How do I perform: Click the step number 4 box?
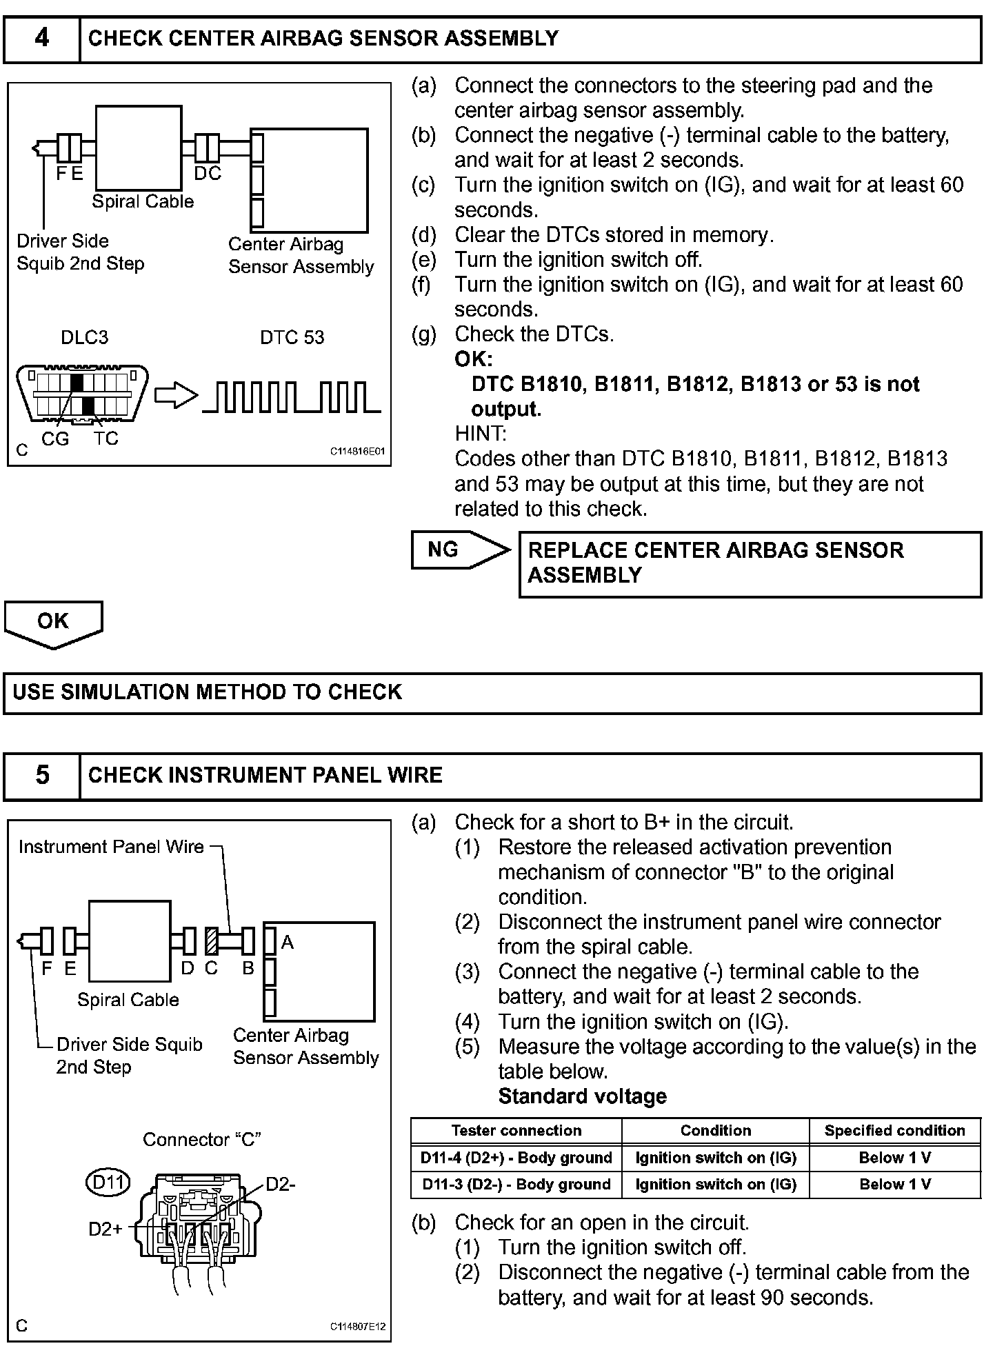[42, 39]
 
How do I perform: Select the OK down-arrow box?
[53, 622]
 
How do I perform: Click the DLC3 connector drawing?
[81, 393]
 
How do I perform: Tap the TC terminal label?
[106, 439]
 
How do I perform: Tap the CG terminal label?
[55, 439]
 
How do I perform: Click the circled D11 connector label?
[108, 1183]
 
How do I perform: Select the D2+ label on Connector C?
[106, 1229]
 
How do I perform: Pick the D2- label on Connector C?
[281, 1185]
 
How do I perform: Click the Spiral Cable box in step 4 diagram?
[139, 148]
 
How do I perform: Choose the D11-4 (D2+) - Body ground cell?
[516, 1158]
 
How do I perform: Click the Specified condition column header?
[894, 1131]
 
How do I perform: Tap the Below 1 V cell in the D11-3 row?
[894, 1185]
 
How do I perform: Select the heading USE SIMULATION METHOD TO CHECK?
[207, 692]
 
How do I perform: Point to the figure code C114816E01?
[357, 452]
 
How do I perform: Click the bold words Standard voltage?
[582, 1096]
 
